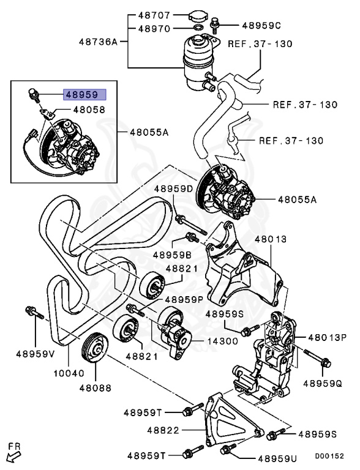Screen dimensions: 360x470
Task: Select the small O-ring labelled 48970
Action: (198, 29)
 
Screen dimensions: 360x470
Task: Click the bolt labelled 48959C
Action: (215, 26)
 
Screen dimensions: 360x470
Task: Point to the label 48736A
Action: (99, 42)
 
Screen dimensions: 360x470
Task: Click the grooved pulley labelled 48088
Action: (95, 348)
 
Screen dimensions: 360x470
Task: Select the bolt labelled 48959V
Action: (34, 312)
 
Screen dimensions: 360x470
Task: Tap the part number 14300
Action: (222, 341)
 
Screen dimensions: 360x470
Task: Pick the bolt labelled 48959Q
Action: (317, 358)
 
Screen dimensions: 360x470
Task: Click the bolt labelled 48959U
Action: (228, 449)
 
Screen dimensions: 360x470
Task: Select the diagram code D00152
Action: (329, 456)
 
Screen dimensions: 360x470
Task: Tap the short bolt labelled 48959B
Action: (192, 237)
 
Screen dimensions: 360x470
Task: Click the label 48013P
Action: (328, 338)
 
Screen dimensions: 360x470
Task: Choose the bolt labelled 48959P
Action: (136, 310)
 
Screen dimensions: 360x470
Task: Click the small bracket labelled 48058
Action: (48, 114)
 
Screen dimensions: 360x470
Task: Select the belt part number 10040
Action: (69, 373)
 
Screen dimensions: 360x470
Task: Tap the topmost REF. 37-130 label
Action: (260, 44)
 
